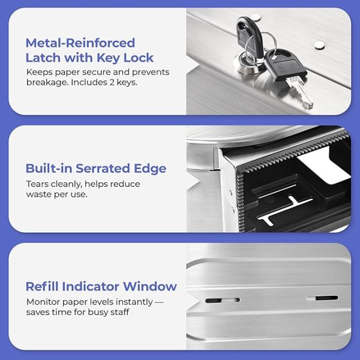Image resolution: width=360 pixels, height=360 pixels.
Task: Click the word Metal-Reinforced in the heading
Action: pos(80,43)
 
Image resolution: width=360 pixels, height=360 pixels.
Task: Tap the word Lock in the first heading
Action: pos(139,58)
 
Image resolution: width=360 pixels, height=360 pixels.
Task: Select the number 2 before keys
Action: pos(112,82)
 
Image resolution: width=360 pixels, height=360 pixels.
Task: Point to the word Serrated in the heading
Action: pos(103,168)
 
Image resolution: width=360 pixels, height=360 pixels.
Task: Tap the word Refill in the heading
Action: pos(42,286)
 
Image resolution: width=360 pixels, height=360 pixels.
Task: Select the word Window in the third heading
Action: pos(150,286)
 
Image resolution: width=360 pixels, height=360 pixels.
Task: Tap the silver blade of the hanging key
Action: pos(299,92)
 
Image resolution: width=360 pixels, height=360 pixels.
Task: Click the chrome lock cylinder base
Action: pos(248,64)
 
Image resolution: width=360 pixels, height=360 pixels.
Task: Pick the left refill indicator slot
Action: pos(223,300)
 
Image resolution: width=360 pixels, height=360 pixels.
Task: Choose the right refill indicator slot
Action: pos(322,298)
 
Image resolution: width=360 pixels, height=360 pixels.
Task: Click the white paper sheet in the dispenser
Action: pos(324,166)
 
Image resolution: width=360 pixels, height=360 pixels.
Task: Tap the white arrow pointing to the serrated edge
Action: pos(194,182)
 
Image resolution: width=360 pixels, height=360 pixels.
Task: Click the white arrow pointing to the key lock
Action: pos(193,65)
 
